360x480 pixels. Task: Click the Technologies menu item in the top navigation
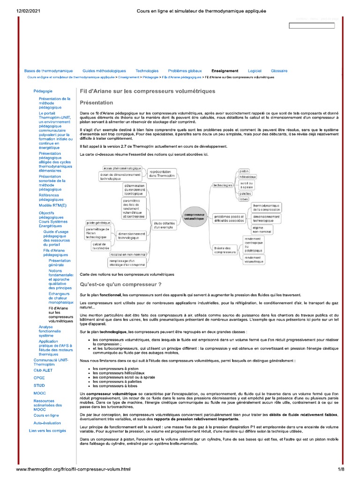tap(147, 71)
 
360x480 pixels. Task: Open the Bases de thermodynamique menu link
tap(48, 71)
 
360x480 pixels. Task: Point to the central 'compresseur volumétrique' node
tap(194, 217)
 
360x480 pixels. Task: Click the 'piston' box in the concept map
tap(244, 171)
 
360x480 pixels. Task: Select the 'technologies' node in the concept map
tap(223, 185)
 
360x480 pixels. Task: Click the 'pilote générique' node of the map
tap(98, 222)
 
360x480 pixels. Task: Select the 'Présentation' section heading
tap(97, 103)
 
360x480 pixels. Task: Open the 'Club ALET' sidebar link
tap(43, 370)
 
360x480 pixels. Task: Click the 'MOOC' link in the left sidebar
tap(39, 393)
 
